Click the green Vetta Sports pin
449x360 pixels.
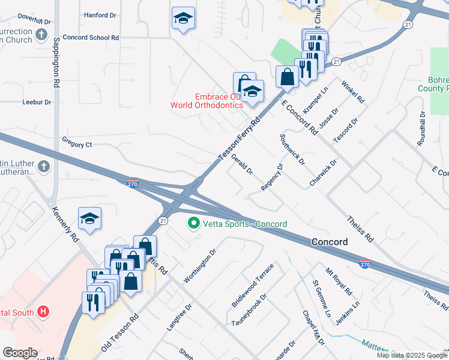point(194,224)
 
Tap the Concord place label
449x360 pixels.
point(330,242)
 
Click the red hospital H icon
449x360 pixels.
point(43,312)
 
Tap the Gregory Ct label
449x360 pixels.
point(77,144)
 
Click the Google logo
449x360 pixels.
point(20,353)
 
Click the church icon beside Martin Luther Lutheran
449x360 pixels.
point(43,166)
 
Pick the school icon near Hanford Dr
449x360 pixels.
point(183,18)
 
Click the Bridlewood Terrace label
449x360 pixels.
point(252,286)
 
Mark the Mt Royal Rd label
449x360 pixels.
point(339,281)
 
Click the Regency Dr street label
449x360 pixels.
point(272,178)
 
